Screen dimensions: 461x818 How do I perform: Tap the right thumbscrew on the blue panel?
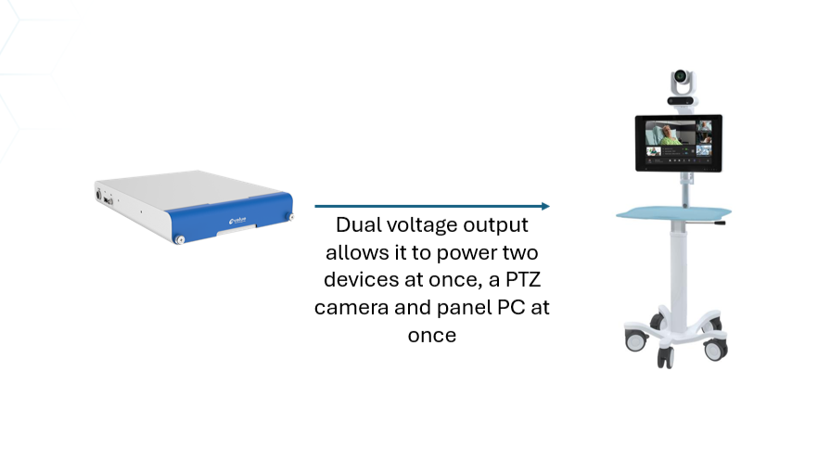point(289,218)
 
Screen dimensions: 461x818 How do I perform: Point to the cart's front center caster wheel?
point(666,356)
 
